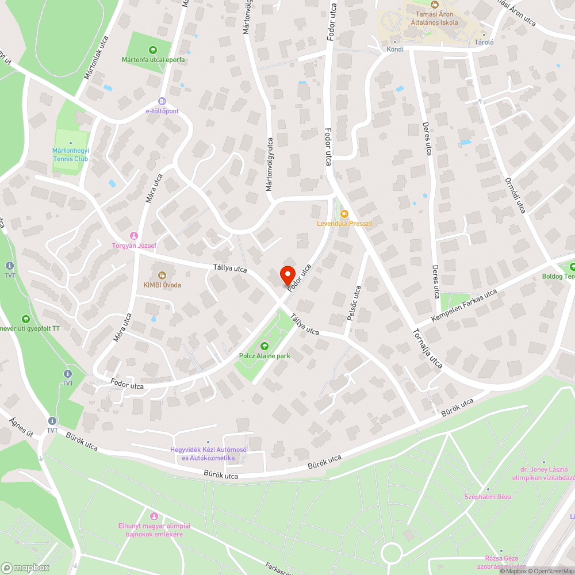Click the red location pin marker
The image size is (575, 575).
pos(287,275)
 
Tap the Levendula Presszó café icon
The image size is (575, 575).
pos(344,214)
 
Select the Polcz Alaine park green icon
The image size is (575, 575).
pos(264,346)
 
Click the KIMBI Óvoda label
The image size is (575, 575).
pos(162,285)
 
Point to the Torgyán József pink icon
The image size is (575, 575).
pos(134,235)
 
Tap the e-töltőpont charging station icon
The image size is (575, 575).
pos(162,101)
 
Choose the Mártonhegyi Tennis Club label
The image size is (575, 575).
pos(71,155)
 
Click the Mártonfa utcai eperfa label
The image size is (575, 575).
pos(152,59)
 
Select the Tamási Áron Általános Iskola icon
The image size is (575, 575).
pos(435,4)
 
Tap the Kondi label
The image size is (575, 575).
pos(395,49)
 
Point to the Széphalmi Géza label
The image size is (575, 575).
pos(488,496)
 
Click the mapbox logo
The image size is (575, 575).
pos(25,568)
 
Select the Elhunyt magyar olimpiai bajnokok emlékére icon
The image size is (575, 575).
pos(154,516)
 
